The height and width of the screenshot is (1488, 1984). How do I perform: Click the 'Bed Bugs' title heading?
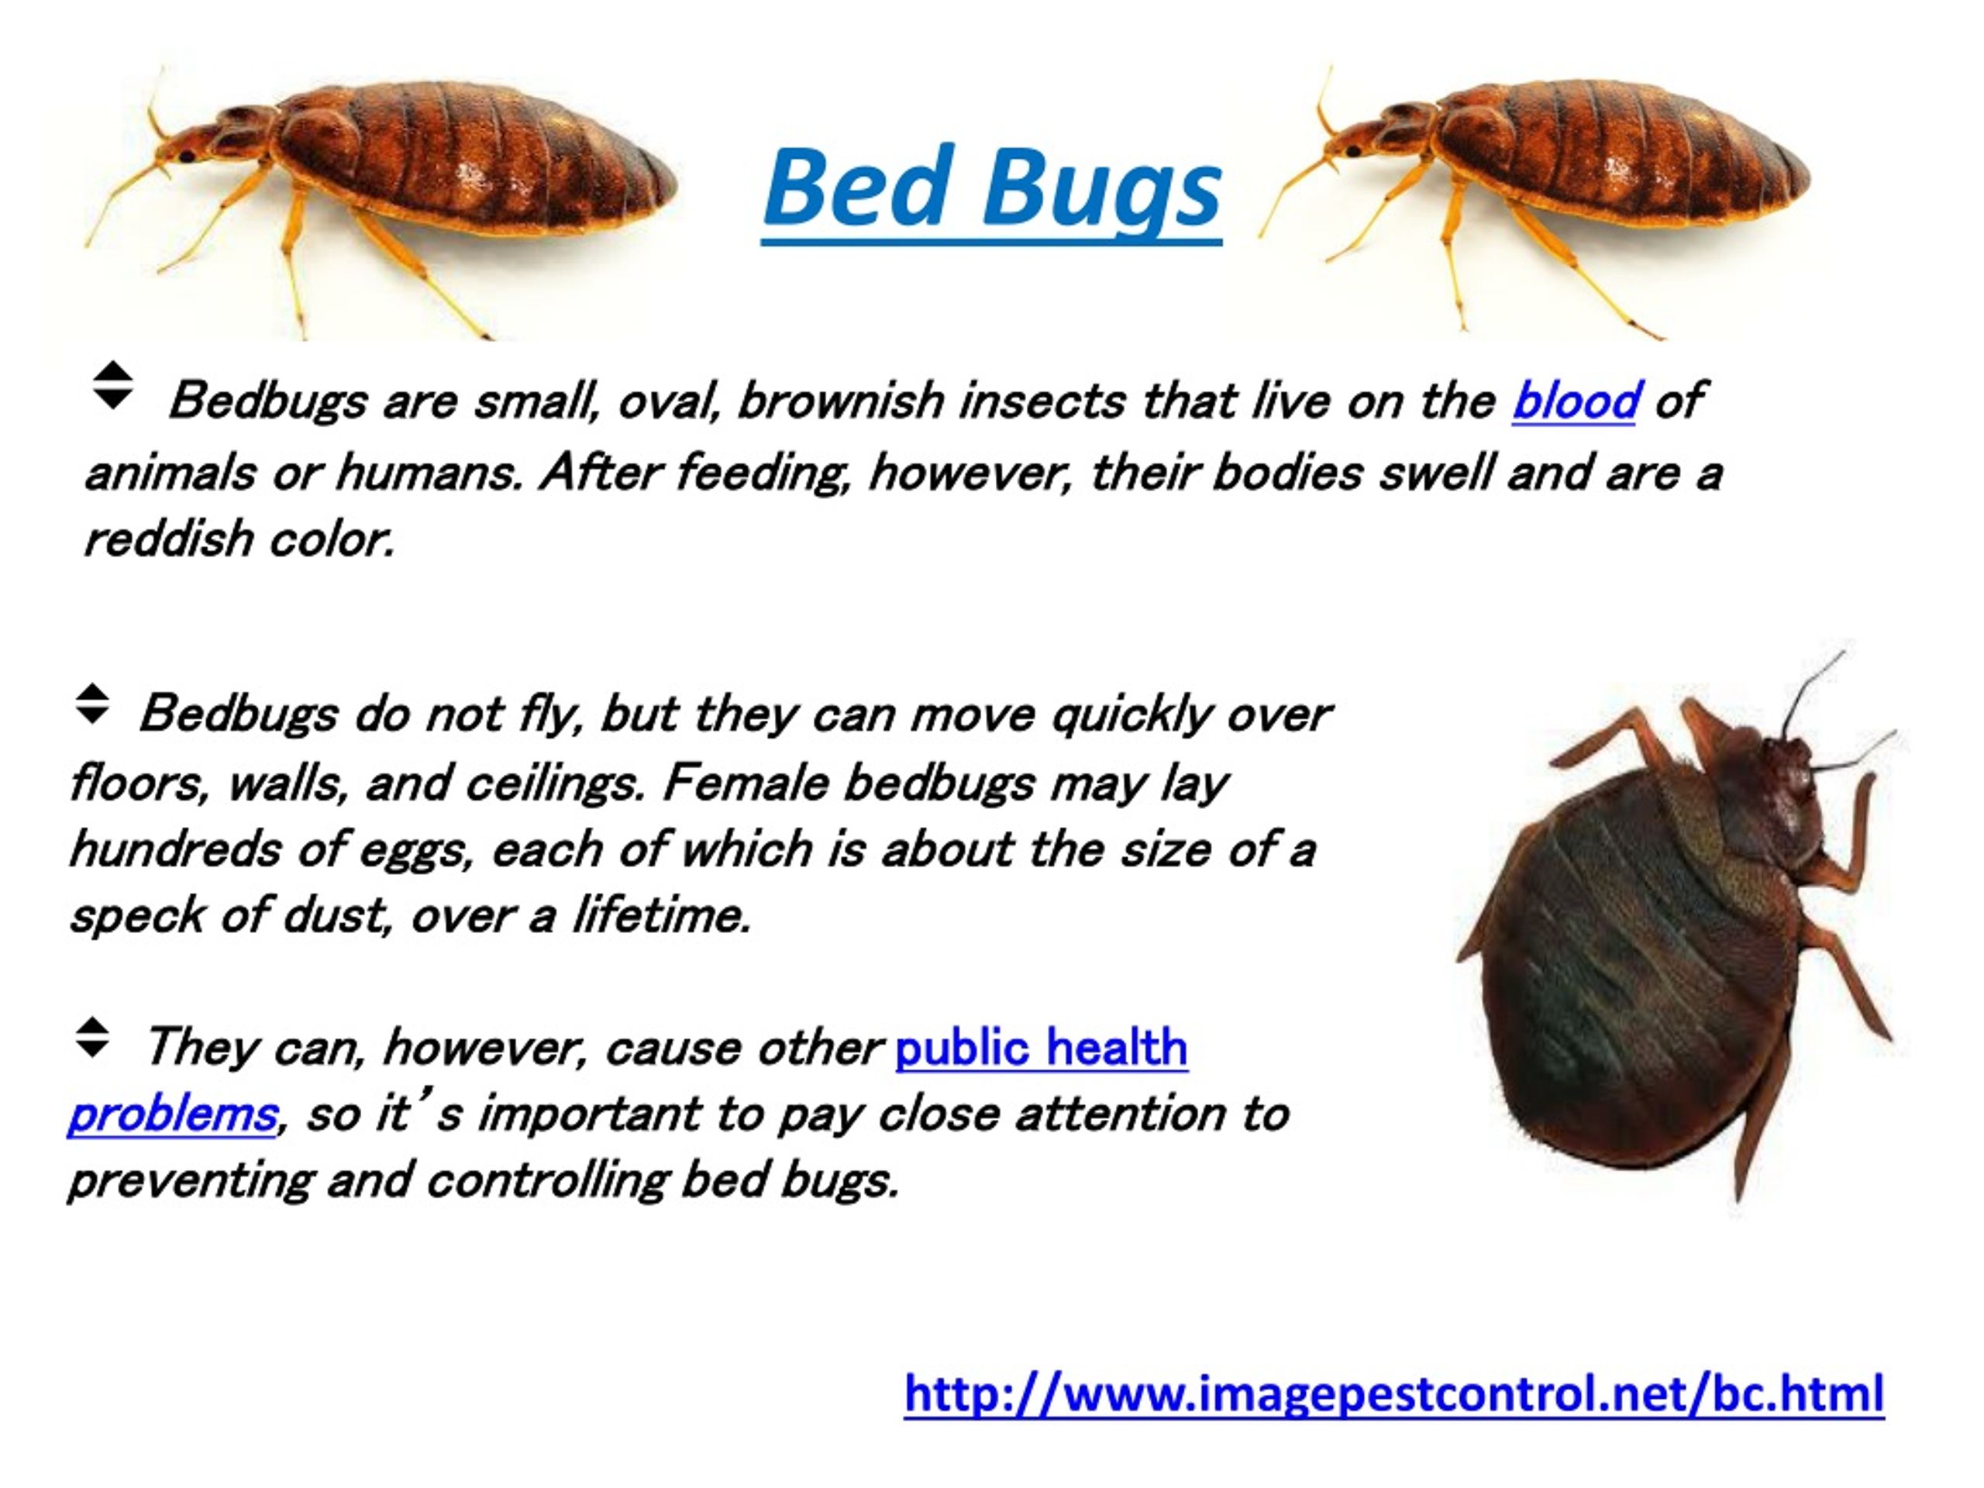click(x=991, y=188)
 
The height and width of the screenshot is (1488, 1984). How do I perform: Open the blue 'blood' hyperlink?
click(x=1575, y=400)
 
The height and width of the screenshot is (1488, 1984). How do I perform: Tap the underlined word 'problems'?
click(x=172, y=1114)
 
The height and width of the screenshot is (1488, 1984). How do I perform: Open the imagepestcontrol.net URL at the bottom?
click(x=1393, y=1393)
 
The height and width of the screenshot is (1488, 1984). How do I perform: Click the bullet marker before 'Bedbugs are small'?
click(x=113, y=386)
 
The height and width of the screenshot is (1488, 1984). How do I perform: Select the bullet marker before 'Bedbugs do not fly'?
click(x=92, y=705)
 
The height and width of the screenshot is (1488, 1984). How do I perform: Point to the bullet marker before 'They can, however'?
click(x=92, y=1038)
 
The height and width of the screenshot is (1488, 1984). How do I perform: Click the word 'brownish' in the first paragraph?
click(x=839, y=400)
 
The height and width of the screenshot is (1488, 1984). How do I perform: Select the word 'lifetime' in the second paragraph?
click(x=660, y=916)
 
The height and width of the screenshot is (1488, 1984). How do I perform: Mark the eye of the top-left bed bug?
click(x=188, y=156)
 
